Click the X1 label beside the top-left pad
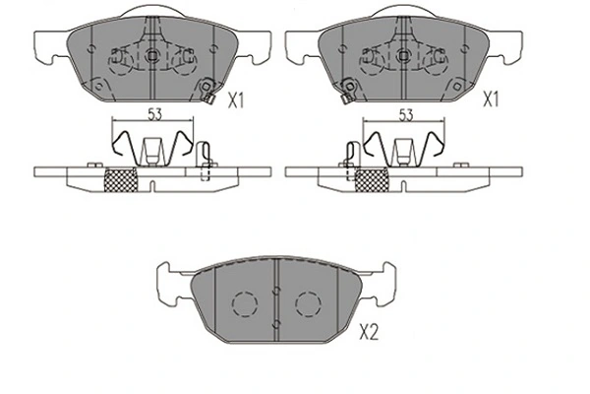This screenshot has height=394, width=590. click(x=237, y=99)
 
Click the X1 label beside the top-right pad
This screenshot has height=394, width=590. click(x=490, y=99)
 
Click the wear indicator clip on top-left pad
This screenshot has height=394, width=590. click(x=206, y=94)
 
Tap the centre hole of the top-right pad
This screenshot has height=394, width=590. click(x=401, y=57)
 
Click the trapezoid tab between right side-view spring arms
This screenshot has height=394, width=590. click(x=402, y=151)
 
